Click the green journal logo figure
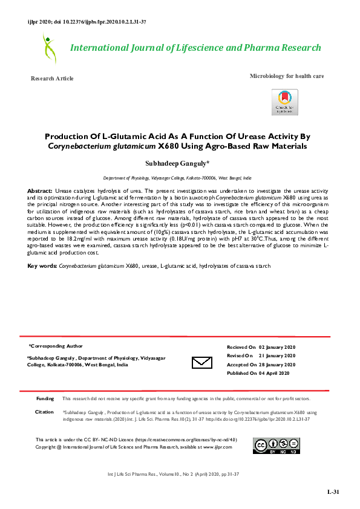click(x=48, y=48)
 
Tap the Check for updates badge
click(x=284, y=102)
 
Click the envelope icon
click(x=201, y=362)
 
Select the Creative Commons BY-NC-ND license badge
click(x=276, y=447)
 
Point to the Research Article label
click(x=52, y=79)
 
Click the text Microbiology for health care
click(x=287, y=76)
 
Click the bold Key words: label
click(x=42, y=266)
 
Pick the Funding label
click(x=45, y=399)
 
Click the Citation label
click(x=45, y=412)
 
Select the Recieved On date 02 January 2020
click(x=277, y=347)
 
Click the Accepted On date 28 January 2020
click(x=277, y=365)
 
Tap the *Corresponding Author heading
click(x=56, y=346)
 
